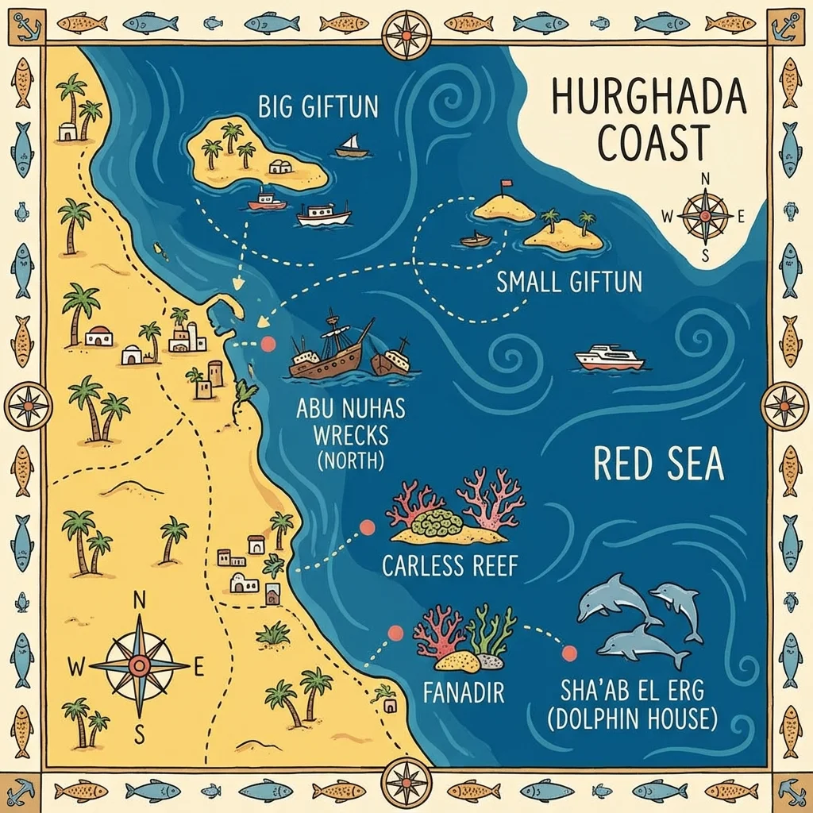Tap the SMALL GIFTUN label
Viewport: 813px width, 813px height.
568,282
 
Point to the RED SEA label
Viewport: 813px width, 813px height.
658,465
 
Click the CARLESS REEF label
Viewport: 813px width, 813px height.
449,566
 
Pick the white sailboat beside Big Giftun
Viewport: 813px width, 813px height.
351,147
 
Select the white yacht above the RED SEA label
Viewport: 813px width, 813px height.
609,358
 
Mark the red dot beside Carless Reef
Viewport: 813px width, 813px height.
367,526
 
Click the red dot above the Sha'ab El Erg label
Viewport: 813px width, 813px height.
568,653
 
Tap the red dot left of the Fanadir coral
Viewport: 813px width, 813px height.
395,633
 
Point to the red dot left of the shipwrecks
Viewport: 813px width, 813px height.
268,344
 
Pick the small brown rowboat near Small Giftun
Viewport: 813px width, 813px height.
476,239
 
